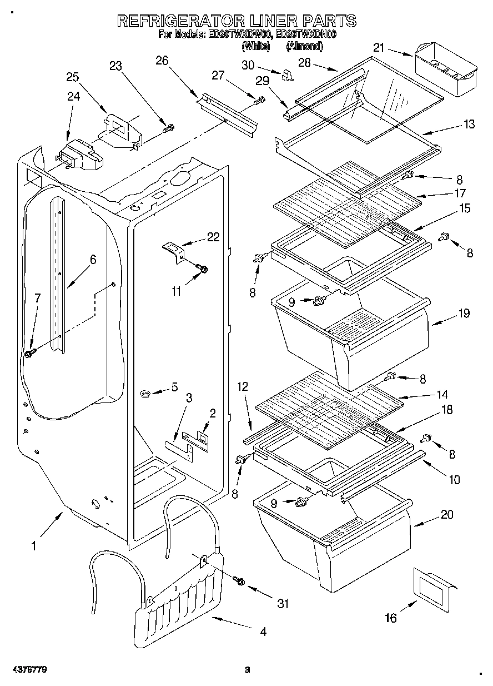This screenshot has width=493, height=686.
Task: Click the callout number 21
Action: click(378, 48)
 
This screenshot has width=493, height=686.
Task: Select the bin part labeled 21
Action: click(445, 72)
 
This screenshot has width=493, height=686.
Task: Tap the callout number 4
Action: click(263, 632)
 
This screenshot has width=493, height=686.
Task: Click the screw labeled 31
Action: click(240, 580)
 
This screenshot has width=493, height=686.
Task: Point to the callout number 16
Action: click(391, 618)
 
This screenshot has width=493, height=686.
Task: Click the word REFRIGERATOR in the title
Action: click(177, 21)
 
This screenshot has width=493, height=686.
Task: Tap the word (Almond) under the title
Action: click(304, 47)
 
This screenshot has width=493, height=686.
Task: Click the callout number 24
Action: click(73, 96)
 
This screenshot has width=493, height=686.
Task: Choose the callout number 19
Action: click(464, 313)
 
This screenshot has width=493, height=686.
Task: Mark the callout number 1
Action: click(33, 546)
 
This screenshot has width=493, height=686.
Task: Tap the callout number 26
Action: click(162, 61)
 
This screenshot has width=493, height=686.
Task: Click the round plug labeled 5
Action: click(146, 394)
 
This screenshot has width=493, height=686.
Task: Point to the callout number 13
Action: click(469, 125)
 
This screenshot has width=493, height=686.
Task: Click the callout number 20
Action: click(447, 515)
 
